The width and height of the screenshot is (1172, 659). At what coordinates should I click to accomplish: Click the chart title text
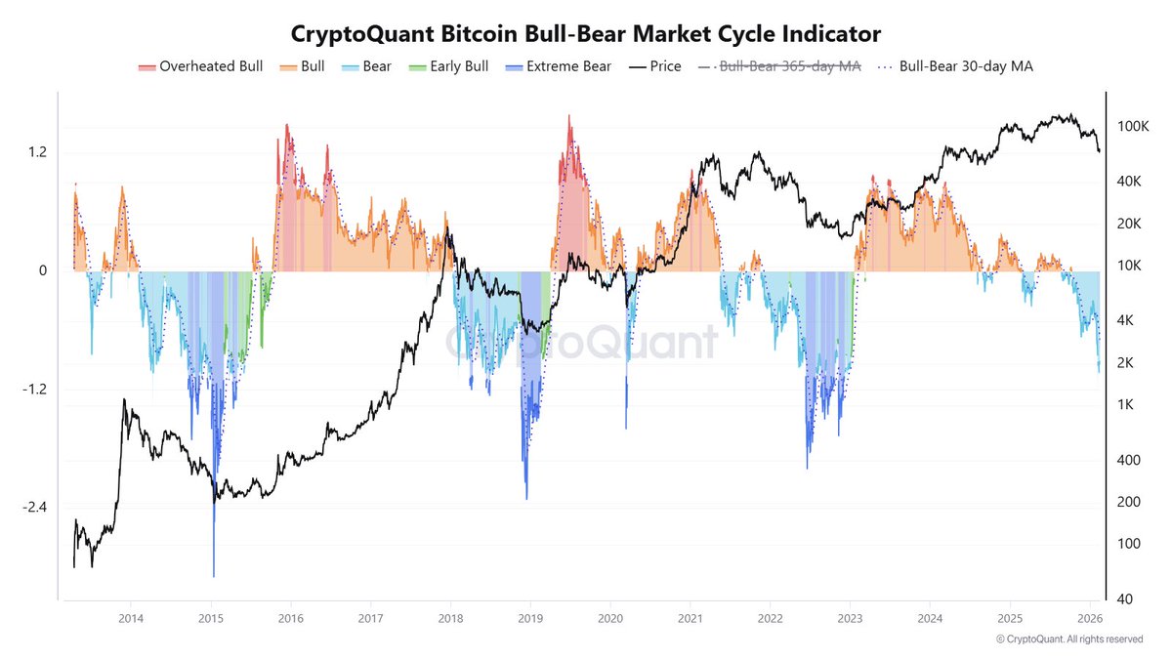click(x=586, y=33)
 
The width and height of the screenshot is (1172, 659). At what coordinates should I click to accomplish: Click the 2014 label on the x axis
click(x=131, y=618)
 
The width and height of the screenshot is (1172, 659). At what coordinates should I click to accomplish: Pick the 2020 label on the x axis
click(x=609, y=618)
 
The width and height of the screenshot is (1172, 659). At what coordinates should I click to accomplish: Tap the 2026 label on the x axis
click(x=1090, y=618)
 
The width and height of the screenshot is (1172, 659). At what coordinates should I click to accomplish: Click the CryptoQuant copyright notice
click(x=1068, y=639)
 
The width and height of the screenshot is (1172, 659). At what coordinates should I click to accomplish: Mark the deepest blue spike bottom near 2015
click(x=213, y=575)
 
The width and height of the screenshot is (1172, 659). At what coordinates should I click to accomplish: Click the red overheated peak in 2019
click(x=568, y=117)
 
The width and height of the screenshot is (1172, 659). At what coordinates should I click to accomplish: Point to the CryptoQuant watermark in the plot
click(x=582, y=343)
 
